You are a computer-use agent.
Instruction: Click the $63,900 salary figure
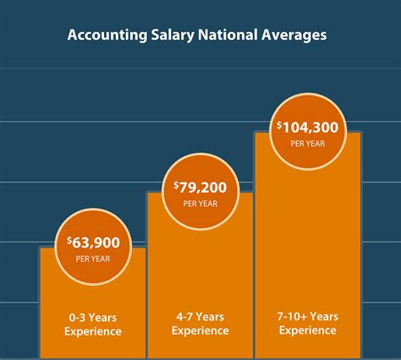[95, 243]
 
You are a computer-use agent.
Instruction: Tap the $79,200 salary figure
[202, 187]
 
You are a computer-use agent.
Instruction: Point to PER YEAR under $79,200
[200, 203]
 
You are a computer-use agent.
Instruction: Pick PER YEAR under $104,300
[308, 143]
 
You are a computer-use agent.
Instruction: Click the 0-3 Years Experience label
[93, 325]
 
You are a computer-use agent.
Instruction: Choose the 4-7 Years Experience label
[200, 325]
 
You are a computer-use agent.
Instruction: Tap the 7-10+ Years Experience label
[308, 324]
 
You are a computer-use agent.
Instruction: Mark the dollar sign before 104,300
[280, 125]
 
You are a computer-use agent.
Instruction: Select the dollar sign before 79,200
[177, 185]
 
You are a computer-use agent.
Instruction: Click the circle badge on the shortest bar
[93, 247]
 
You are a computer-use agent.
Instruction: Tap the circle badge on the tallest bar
[308, 132]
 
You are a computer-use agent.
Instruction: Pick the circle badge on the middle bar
[200, 193]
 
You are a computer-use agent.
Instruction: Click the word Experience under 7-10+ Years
[308, 330]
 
